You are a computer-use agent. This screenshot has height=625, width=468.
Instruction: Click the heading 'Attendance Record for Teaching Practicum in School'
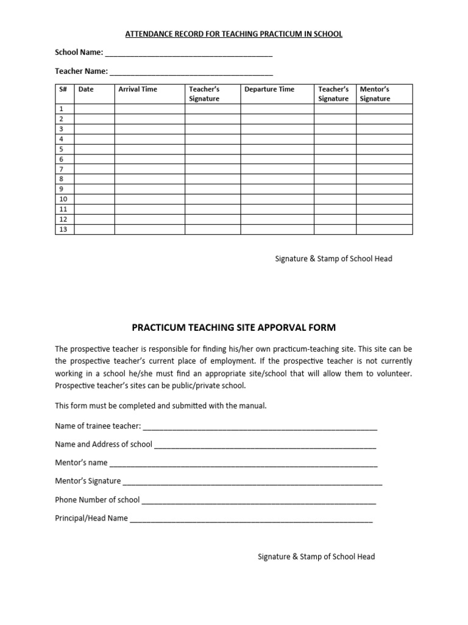pyautogui.click(x=233, y=34)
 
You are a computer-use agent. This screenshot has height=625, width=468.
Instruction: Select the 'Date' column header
pyautogui.click(x=86, y=89)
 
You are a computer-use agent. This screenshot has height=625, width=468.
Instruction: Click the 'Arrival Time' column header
pyautogui.click(x=138, y=89)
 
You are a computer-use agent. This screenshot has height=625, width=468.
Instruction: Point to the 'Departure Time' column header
pyautogui.click(x=269, y=89)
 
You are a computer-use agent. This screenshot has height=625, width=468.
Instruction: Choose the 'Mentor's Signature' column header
pyautogui.click(x=375, y=94)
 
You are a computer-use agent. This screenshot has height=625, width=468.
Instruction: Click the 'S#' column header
pyautogui.click(x=63, y=89)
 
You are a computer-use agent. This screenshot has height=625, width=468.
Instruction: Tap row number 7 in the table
pyautogui.click(x=61, y=169)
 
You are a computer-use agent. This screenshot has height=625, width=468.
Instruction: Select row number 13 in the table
pyautogui.click(x=63, y=229)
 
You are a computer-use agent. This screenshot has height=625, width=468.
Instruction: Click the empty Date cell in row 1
pyautogui.click(x=94, y=109)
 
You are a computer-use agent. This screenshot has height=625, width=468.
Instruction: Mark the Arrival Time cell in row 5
pyautogui.click(x=149, y=149)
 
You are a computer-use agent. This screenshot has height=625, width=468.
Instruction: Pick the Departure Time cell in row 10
pyautogui.click(x=277, y=200)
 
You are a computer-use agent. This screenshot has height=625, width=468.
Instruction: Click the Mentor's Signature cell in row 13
pyautogui.click(x=384, y=229)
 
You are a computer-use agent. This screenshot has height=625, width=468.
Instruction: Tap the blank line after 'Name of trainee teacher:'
pyautogui.click(x=260, y=426)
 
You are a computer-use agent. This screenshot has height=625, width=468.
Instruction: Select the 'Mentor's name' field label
pyautogui.click(x=81, y=463)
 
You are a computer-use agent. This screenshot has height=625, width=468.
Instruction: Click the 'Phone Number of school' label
pyautogui.click(x=97, y=500)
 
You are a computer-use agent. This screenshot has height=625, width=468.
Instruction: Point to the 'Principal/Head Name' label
pyautogui.click(x=91, y=518)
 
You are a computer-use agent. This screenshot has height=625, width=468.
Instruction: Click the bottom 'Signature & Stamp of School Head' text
pyautogui.click(x=316, y=557)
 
